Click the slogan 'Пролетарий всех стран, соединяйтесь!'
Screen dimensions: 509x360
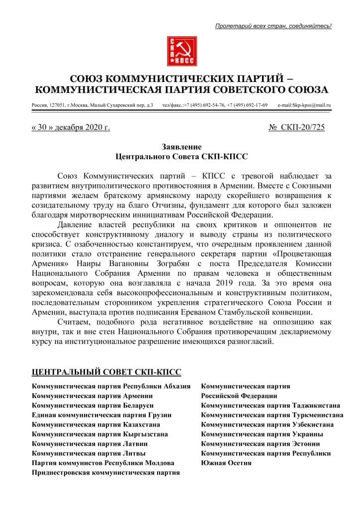coord(273,25)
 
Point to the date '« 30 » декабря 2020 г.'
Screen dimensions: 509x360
coord(71,128)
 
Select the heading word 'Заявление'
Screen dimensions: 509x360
coord(181,147)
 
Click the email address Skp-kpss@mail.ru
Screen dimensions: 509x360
coord(304,105)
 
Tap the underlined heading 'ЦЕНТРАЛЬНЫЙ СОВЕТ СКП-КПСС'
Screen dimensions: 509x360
coord(106,372)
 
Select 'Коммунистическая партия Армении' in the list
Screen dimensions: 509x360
coord(92,396)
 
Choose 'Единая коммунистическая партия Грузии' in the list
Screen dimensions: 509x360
coord(102,415)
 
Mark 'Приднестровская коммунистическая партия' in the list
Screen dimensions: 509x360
coord(106,472)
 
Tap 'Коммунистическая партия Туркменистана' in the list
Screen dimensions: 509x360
coord(272,415)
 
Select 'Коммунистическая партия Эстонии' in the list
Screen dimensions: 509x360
coord(261,443)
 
